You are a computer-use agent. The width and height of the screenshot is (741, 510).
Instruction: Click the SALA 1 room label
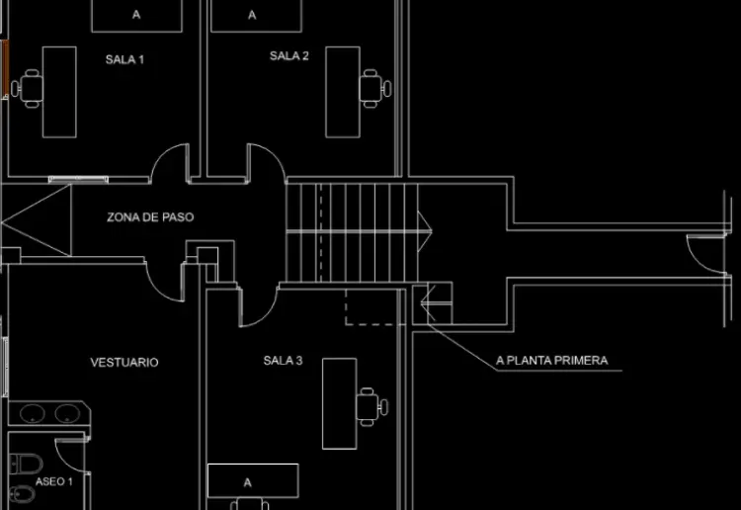pos(124,59)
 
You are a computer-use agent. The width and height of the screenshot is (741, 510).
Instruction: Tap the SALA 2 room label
pos(288,55)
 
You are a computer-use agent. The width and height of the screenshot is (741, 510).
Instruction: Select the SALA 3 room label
pos(283,361)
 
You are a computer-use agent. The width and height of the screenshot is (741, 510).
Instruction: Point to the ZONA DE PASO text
pos(150,217)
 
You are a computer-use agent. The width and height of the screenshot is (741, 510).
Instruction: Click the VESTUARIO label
pos(124,362)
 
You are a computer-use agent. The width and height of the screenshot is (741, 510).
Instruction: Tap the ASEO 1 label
pos(54,481)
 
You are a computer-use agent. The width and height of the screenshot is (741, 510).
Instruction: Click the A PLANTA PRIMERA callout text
pos(551,361)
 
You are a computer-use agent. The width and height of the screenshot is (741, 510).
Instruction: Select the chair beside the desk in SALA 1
pos(28,88)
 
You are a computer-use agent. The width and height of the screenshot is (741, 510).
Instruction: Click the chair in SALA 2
pos(375,88)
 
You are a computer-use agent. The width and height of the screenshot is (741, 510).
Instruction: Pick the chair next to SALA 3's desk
pos(371,407)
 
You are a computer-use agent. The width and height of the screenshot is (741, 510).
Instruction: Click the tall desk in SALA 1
pos(59,92)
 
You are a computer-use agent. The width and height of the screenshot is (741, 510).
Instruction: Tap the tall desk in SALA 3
pos(339,403)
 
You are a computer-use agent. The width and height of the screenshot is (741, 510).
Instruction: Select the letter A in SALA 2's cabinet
pos(252,15)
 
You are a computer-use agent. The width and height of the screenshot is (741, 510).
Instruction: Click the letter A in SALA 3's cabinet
pos(248,482)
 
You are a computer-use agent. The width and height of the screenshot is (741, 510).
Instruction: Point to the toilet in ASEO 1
pos(26,464)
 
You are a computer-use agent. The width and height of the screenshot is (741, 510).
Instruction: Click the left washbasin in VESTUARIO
pos(33,413)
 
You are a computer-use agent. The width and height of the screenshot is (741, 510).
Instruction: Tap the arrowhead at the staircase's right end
pos(425,231)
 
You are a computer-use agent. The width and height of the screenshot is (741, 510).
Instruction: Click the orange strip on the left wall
pos(6,67)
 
